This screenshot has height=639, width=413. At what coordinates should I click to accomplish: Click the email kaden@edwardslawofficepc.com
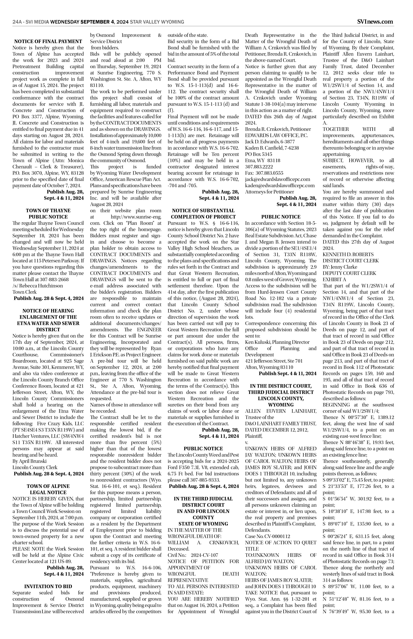[x=280, y=186]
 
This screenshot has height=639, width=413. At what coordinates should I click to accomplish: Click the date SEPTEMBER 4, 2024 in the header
[x=105, y=22]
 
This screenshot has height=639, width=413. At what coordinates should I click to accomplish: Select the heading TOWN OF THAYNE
[x=48, y=210]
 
